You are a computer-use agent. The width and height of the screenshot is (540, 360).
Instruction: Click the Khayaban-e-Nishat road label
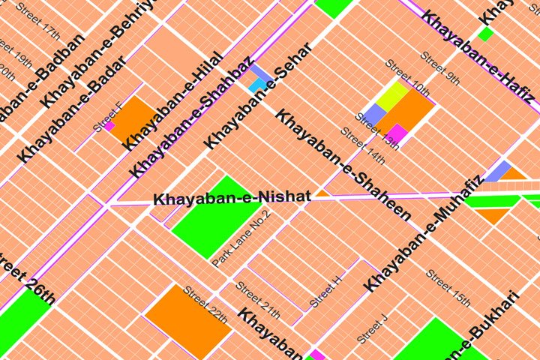[x=232, y=198]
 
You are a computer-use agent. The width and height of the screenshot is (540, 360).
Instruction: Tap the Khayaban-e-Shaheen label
[x=343, y=165]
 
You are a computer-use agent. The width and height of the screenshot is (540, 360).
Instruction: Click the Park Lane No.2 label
[x=241, y=239]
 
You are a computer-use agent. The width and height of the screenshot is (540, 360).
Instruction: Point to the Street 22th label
[x=205, y=304]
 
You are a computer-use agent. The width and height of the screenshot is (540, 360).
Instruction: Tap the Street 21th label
[x=257, y=300]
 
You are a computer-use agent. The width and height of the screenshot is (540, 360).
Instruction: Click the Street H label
[x=326, y=290]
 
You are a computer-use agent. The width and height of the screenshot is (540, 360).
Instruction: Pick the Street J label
[x=373, y=328]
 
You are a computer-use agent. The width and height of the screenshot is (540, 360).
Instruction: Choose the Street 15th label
[x=448, y=288]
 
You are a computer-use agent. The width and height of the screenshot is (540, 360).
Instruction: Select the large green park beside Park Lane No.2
[x=213, y=217]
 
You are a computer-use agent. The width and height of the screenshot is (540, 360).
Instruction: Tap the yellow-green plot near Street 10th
[x=392, y=95]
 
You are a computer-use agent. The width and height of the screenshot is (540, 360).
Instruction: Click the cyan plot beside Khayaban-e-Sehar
[x=257, y=85]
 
